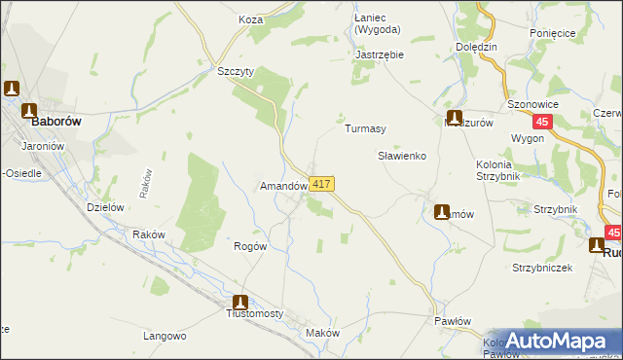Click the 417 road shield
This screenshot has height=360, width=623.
coord(323,184)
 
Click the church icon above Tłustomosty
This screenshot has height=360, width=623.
coord(239,303)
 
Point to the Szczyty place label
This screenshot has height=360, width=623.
coord(236,71)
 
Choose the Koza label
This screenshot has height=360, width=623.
coord(251,18)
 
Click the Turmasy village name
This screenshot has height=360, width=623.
coord(365,128)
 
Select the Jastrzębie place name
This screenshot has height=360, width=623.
coord(380,54)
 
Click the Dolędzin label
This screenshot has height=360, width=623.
coord(476,46)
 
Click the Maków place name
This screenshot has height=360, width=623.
coord(322,333)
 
